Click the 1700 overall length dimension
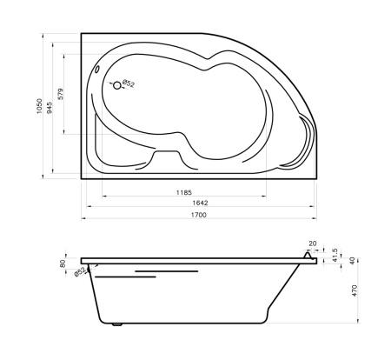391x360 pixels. pyautogui.click(x=199, y=215)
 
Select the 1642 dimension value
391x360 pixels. pyautogui.click(x=200, y=203)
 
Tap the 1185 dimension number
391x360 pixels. pyautogui.click(x=184, y=192)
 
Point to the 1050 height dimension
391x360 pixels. pyautogui.click(x=39, y=106)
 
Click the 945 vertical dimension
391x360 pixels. pyautogui.click(x=50, y=108)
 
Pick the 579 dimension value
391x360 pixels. pyautogui.click(x=60, y=94)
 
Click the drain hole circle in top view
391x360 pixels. pyautogui.click(x=117, y=85)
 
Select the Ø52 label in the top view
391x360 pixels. pyautogui.click(x=129, y=83)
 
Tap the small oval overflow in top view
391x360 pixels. pyautogui.click(x=97, y=70)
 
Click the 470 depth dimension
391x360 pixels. pyautogui.click(x=355, y=290)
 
